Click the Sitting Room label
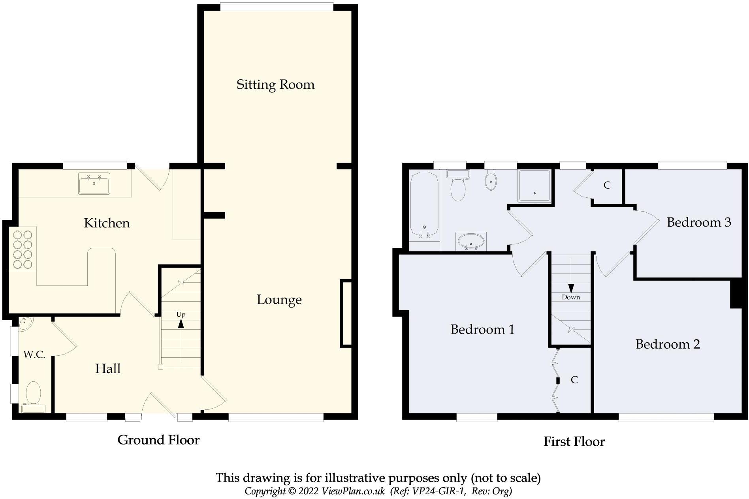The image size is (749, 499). [x=275, y=84]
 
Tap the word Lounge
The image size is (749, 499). [x=279, y=300]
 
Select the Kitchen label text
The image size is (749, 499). [x=107, y=223]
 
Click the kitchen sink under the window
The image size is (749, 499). [x=94, y=184]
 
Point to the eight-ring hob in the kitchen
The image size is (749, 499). [x=23, y=249]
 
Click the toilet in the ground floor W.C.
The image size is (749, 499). [x=33, y=392]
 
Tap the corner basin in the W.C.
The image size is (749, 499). [x=24, y=323]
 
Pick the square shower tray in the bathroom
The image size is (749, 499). [x=534, y=186]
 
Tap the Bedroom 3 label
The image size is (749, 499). [x=698, y=222]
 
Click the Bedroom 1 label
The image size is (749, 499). [x=482, y=329]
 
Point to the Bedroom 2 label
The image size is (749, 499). [x=668, y=344]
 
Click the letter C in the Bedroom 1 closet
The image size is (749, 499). [x=574, y=380]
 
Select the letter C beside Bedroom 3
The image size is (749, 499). [x=607, y=185]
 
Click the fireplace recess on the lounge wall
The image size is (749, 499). [x=346, y=313]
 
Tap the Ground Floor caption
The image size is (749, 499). [x=158, y=440]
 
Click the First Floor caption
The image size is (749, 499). [x=574, y=441]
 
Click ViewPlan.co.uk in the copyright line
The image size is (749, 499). [x=353, y=491]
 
